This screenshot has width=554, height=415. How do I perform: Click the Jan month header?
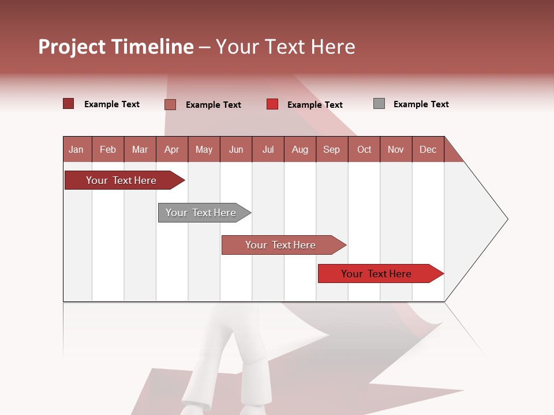77,149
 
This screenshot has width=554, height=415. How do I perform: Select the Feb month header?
108,149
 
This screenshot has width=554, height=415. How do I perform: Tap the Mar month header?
140,149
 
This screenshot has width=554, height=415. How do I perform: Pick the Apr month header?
172,149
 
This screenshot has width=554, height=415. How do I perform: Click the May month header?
204,149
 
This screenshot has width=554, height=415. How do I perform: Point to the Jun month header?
236,149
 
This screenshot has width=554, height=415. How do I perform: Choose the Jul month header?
268,149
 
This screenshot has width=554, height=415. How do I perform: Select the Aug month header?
300,149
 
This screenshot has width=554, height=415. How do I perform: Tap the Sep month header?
332,149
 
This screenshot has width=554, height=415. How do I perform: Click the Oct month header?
364,149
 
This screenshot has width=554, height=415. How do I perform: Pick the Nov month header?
396,149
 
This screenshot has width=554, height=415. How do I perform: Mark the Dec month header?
428,149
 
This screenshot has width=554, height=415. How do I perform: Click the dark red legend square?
69,104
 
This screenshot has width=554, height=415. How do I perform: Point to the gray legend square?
379,104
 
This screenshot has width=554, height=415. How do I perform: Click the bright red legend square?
272,104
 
